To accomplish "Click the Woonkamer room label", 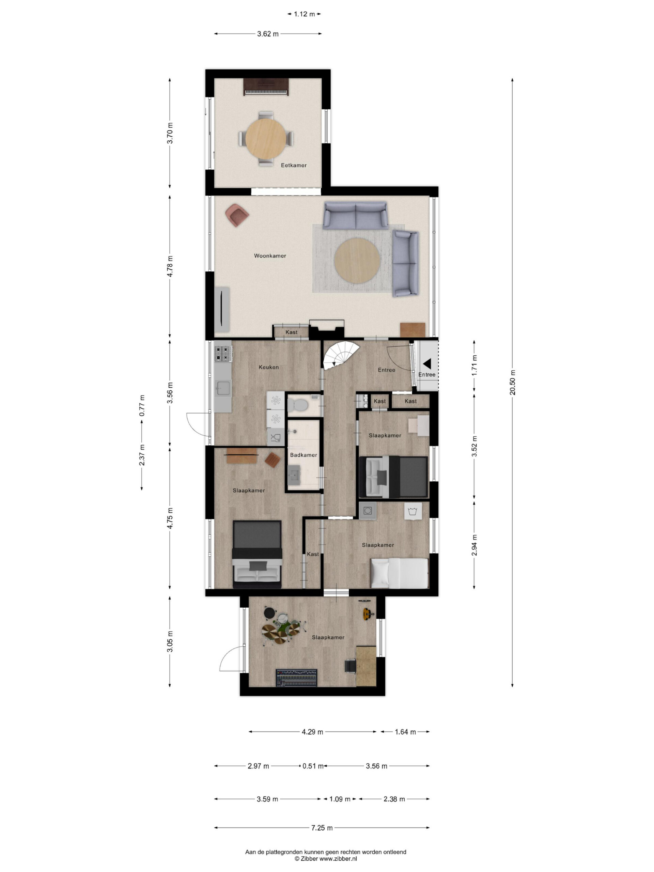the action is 270,256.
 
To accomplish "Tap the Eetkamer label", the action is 293,165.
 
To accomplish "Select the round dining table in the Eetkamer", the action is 266,139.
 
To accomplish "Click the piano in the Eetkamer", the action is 266,87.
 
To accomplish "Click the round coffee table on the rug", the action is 357,260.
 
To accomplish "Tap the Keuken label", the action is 268,367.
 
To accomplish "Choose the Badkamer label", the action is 303,455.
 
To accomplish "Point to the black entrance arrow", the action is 426,363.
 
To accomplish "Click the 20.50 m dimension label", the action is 512,383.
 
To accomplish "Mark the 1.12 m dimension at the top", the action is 304,14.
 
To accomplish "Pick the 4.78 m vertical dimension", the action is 170,266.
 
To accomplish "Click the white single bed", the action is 399,573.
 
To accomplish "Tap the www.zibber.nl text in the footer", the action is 338,858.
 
